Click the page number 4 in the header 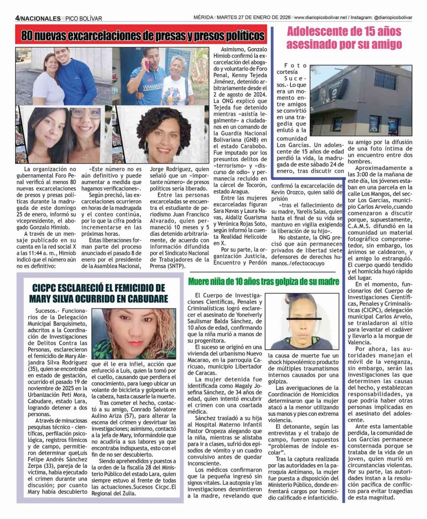pos(17,19)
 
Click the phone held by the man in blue pos(147,64)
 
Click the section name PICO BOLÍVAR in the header pos(84,19)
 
